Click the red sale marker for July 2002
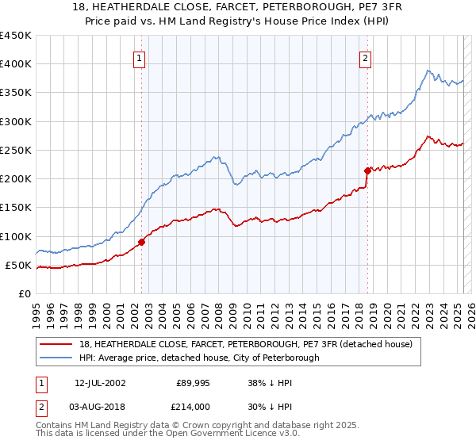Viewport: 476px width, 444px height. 142,242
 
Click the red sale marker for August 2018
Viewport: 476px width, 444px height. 367,170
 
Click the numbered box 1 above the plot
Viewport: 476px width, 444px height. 139,57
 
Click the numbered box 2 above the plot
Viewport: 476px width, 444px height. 365,57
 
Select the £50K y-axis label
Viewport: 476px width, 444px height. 19,265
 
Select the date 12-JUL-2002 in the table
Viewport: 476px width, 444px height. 100,383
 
